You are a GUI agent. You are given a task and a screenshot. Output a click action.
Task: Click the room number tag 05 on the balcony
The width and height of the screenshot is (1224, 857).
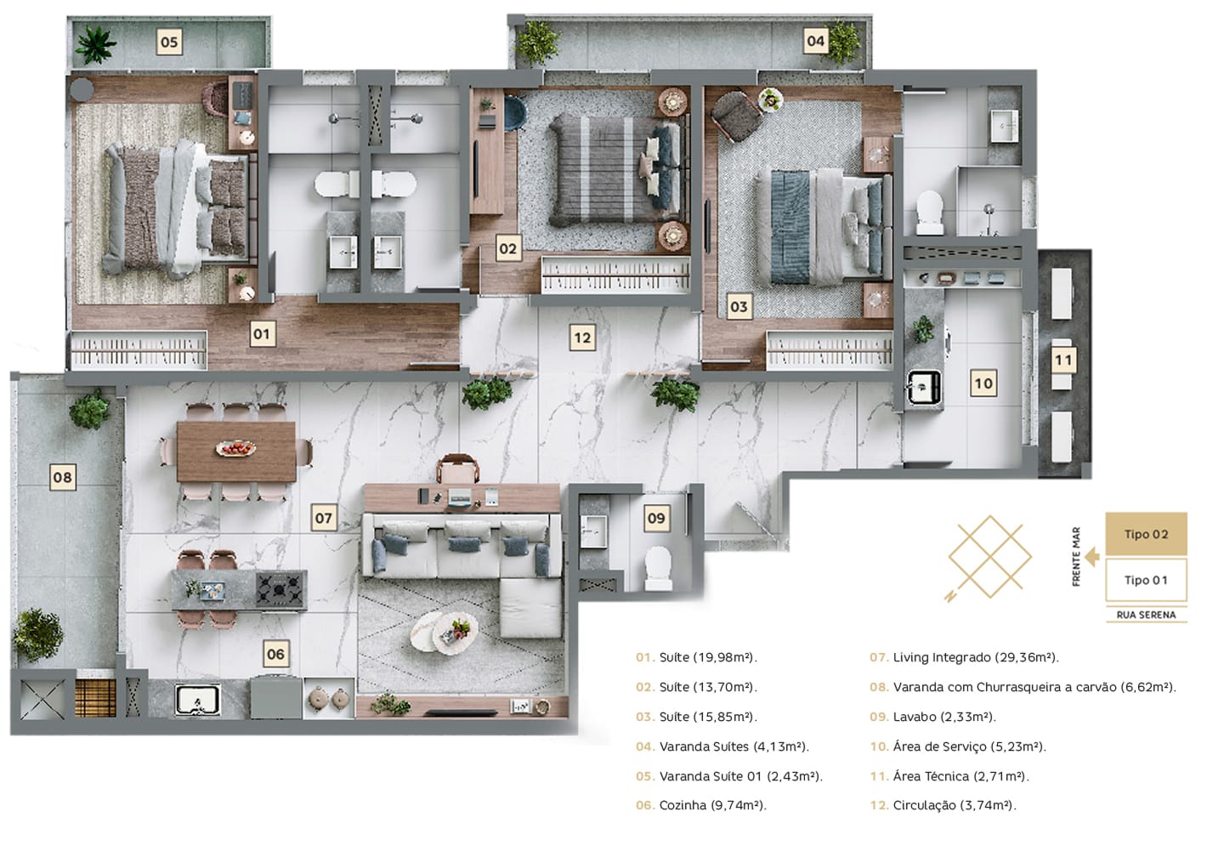[169, 42]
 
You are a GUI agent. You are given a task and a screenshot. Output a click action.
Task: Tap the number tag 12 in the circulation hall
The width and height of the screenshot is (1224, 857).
[582, 338]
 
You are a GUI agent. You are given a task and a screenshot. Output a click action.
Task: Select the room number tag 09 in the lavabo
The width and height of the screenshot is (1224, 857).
[655, 518]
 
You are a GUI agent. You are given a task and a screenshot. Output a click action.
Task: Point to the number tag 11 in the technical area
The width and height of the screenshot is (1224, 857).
[1062, 360]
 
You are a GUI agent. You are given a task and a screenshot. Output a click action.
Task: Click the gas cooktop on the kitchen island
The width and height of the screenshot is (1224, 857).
[280, 589]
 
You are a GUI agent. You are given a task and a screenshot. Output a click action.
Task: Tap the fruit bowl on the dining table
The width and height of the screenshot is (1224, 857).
[236, 448]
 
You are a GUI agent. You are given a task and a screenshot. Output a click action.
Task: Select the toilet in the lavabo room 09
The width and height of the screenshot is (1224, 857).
[658, 569]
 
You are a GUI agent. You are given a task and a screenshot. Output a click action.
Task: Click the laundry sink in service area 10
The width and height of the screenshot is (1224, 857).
[923, 388]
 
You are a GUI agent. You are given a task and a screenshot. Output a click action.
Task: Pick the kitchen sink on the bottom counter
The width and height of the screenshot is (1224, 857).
[197, 700]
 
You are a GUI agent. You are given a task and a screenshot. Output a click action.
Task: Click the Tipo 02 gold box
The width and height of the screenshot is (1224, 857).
[1146, 534]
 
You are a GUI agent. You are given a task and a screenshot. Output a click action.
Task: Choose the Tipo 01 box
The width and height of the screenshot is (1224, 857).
[1146, 580]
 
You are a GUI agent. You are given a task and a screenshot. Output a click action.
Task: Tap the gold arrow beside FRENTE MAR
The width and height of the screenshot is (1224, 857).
[1092, 558]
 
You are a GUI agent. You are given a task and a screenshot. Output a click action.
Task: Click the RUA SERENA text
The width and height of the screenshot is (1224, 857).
[1146, 615]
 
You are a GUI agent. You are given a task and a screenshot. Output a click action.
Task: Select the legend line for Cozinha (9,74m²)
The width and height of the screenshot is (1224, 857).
[701, 805]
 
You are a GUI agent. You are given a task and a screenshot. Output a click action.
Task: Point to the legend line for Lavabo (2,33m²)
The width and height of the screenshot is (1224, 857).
[932, 717]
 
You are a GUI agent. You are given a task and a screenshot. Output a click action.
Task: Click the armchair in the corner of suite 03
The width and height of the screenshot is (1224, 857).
[737, 116]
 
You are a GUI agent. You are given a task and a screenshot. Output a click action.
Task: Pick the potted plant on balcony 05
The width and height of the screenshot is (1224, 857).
[95, 45]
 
